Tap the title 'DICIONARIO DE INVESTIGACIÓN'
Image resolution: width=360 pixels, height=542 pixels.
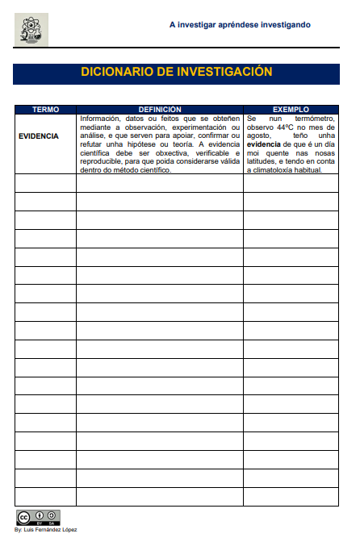coord(176,73)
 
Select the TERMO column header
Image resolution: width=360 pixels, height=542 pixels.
coord(45,109)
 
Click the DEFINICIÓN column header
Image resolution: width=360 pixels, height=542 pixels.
coord(160,109)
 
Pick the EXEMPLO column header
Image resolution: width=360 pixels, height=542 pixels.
coord(291,109)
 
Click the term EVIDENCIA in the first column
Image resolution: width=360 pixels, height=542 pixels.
coord(39,136)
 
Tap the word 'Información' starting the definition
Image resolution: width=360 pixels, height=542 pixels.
coord(99,119)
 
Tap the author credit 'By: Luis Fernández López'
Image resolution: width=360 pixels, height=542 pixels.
coord(46,530)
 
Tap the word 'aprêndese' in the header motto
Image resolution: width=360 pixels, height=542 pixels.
coord(234,25)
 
